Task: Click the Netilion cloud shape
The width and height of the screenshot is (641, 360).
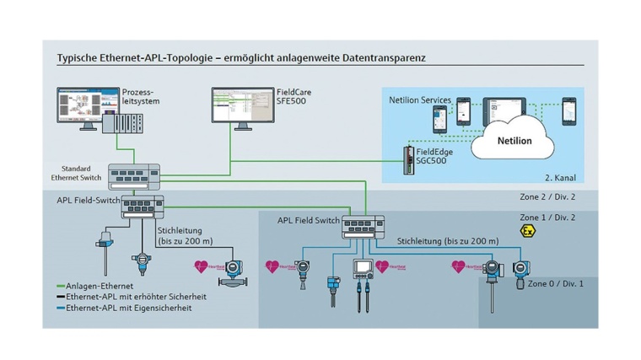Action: pyautogui.click(x=513, y=140)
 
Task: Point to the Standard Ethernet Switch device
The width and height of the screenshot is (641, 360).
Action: pyautogui.click(x=136, y=174)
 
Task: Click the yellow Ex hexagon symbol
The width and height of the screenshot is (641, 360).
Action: pyautogui.click(x=528, y=230)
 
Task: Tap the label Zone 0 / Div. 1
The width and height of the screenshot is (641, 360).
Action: pyautogui.click(x=555, y=284)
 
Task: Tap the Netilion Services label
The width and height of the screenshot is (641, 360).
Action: pyautogui.click(x=419, y=100)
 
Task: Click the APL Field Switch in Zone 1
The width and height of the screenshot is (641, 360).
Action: pyautogui.click(x=363, y=225)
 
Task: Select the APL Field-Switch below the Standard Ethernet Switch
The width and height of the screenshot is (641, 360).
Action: pyautogui.click(x=143, y=204)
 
